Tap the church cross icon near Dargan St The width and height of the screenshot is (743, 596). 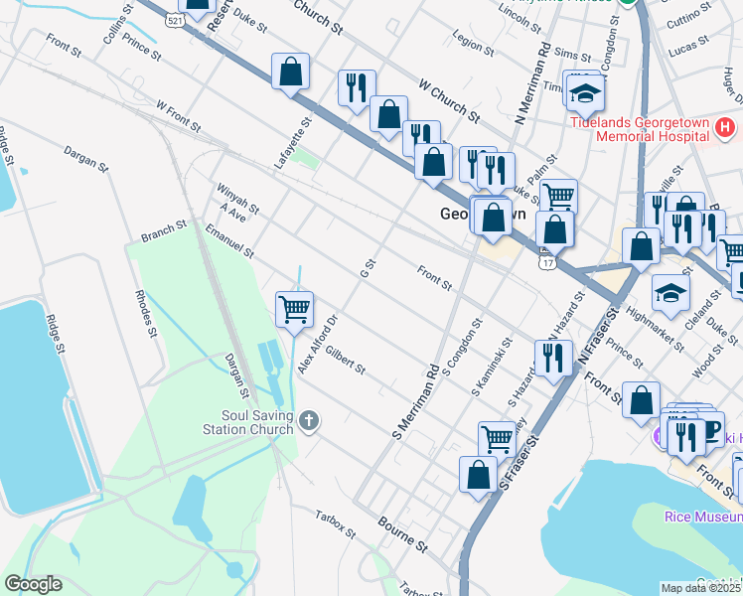pyautogui.click(x=309, y=422)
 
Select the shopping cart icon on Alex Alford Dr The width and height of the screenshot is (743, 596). pyautogui.click(x=294, y=310)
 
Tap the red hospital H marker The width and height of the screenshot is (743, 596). pyautogui.click(x=725, y=128)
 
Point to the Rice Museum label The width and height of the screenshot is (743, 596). pyautogui.click(x=702, y=516)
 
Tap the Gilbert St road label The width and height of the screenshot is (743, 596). pyautogui.click(x=346, y=361)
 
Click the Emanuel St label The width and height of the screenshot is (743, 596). pyautogui.click(x=229, y=239)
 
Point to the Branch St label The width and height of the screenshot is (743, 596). pyautogui.click(x=164, y=231)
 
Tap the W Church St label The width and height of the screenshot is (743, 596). pyautogui.click(x=450, y=103)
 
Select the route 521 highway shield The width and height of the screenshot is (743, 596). pyautogui.click(x=175, y=19)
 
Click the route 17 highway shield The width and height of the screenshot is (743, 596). pyautogui.click(x=547, y=262)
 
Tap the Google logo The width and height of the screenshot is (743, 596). pyautogui.click(x=33, y=584)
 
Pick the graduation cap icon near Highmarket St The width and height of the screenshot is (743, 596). pyautogui.click(x=671, y=292)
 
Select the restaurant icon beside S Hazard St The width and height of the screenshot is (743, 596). pyautogui.click(x=553, y=355)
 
